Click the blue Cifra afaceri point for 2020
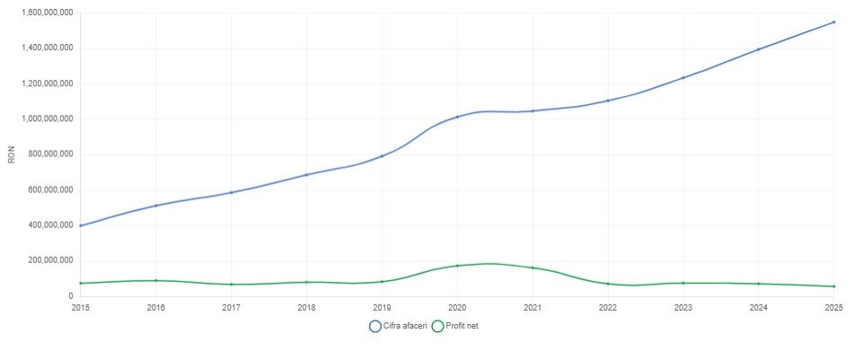[x=457, y=117]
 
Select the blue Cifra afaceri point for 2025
[x=834, y=22]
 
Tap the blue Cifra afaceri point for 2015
[x=81, y=225]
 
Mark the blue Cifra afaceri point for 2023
[x=683, y=77]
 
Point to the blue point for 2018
[x=306, y=175]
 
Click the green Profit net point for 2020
[x=457, y=266]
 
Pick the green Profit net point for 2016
[x=155, y=280]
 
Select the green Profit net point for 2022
[x=608, y=284]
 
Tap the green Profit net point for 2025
[x=834, y=286]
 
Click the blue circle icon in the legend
[x=374, y=326]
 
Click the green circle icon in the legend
[x=437, y=326]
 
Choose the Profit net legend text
[x=462, y=326]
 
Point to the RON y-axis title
[x=11, y=155]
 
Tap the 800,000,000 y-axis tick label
[x=54, y=154]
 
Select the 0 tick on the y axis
[x=71, y=296]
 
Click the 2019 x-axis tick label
[x=382, y=308]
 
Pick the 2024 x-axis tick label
[x=758, y=308]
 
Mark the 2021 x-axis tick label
[x=533, y=308]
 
